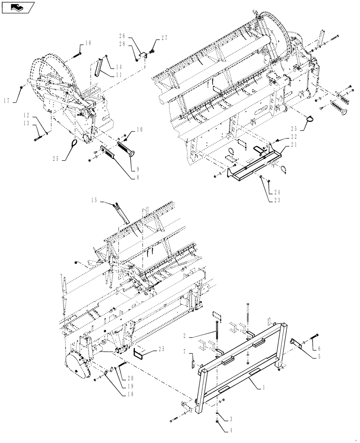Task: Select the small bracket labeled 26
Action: coord(143,55)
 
